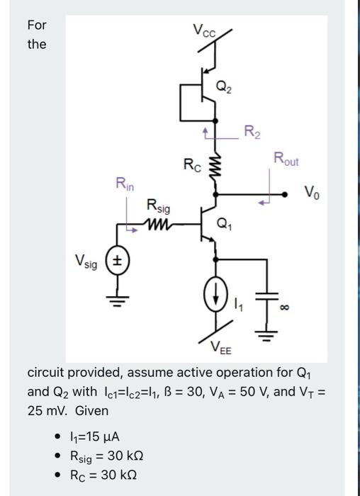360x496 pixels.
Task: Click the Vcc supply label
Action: click(x=206, y=31)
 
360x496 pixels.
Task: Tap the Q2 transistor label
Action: click(x=223, y=88)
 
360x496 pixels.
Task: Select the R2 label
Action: click(x=251, y=130)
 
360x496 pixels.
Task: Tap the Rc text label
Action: click(x=192, y=166)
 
